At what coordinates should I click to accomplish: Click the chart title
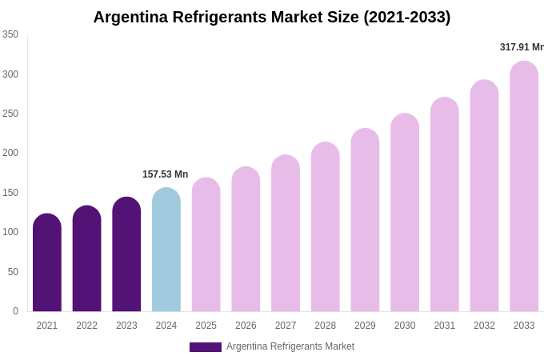[x=272, y=17]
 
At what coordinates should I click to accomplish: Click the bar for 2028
[x=326, y=227]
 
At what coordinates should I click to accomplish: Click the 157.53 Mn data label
[x=165, y=174]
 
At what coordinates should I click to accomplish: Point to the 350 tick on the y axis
[x=10, y=34]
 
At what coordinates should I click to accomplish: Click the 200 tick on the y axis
[x=10, y=153]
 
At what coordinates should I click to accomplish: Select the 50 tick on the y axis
[x=13, y=272]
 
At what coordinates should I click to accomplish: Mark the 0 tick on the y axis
[x=15, y=311]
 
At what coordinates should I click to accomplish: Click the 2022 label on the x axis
[x=87, y=326]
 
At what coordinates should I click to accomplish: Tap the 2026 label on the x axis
[x=246, y=326]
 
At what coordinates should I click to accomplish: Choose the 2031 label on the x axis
[x=445, y=326]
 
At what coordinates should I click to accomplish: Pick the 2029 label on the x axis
[x=365, y=326]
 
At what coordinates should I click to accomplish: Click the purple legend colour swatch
[x=206, y=347]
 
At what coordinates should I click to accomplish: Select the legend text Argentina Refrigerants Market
[x=290, y=346]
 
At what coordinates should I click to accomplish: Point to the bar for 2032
[x=484, y=196]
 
